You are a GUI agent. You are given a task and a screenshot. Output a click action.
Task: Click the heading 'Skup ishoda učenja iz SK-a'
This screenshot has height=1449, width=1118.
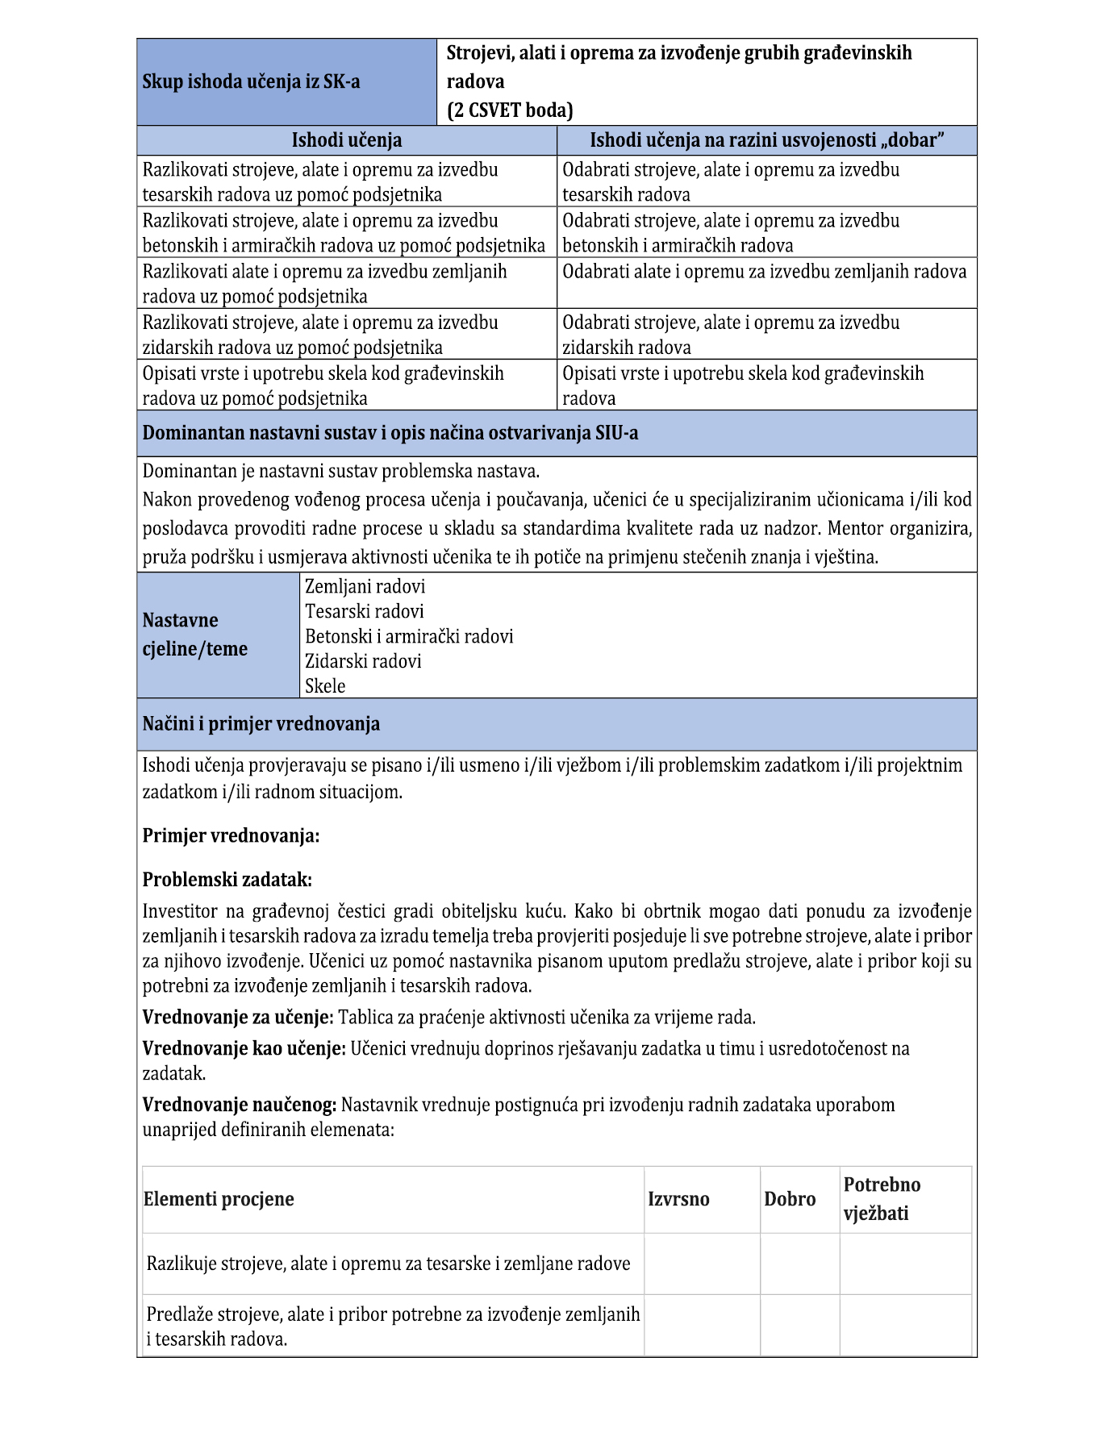(251, 81)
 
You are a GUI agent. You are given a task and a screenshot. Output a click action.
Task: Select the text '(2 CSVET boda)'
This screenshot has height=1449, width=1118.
(510, 110)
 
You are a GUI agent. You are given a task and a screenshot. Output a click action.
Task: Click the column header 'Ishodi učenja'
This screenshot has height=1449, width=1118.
(346, 140)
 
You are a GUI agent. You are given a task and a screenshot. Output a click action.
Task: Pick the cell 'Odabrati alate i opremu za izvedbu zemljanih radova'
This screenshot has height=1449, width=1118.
(764, 272)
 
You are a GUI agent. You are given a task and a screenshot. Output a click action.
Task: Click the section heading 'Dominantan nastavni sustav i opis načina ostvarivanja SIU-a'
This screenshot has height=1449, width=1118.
(390, 433)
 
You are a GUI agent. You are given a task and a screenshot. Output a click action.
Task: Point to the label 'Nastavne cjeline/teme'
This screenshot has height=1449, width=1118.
(195, 635)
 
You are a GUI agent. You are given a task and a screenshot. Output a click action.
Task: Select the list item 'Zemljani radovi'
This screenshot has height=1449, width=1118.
(365, 586)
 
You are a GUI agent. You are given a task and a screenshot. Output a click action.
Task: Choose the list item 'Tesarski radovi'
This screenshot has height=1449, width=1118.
(364, 611)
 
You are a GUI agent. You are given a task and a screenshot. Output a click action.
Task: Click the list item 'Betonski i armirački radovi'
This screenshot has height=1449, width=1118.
(409, 636)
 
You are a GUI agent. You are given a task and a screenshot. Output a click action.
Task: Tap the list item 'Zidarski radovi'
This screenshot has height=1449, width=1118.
(363, 661)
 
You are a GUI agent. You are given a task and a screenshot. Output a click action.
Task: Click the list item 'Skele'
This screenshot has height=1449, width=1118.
(325, 686)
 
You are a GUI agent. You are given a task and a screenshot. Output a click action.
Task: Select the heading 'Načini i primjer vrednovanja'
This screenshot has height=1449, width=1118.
(261, 724)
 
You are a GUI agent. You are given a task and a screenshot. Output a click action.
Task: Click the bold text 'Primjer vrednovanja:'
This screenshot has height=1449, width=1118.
(231, 835)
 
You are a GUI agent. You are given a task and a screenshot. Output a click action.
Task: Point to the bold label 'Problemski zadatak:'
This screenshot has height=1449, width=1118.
(227, 880)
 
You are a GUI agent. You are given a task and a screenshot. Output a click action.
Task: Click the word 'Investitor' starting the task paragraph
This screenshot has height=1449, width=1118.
(180, 911)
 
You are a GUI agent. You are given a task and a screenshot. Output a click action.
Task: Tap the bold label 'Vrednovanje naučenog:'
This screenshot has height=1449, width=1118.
(239, 1105)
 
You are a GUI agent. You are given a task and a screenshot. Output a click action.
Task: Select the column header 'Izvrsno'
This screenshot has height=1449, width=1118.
(678, 1199)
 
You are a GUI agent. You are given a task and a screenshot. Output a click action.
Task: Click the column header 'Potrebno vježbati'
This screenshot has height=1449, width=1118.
(882, 1199)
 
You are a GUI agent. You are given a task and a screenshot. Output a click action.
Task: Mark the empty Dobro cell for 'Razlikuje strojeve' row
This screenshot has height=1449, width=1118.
(799, 1264)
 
